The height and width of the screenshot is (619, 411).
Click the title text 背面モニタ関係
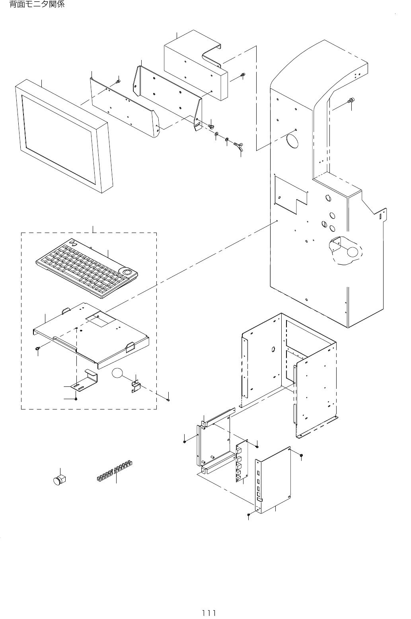click(36, 5)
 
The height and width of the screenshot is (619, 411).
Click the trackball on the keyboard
click(128, 272)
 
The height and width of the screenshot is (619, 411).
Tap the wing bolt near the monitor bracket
click(240, 147)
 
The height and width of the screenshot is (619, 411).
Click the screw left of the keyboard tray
click(37, 348)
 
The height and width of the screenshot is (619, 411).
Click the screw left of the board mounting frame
click(185, 441)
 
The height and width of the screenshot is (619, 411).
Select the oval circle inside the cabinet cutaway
click(353, 252)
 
